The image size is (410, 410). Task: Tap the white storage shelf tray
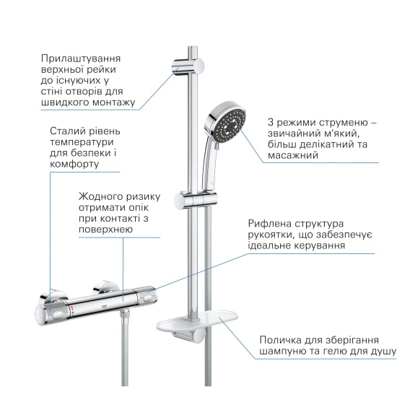click(197, 320)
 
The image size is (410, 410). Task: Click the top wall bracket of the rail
click(188, 67)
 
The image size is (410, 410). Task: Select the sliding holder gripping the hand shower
click(195, 201)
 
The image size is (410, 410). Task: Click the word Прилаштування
click(81, 59)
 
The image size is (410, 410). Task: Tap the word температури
click(82, 142)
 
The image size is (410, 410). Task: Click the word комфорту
click(74, 165)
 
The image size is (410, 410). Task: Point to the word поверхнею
click(105, 230)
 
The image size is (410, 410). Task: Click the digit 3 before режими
click(271, 123)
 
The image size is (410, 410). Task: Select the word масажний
click(293, 155)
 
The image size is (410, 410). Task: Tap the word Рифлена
click(270, 224)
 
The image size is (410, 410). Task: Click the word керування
click(320, 246)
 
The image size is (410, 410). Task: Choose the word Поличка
click(280, 340)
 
